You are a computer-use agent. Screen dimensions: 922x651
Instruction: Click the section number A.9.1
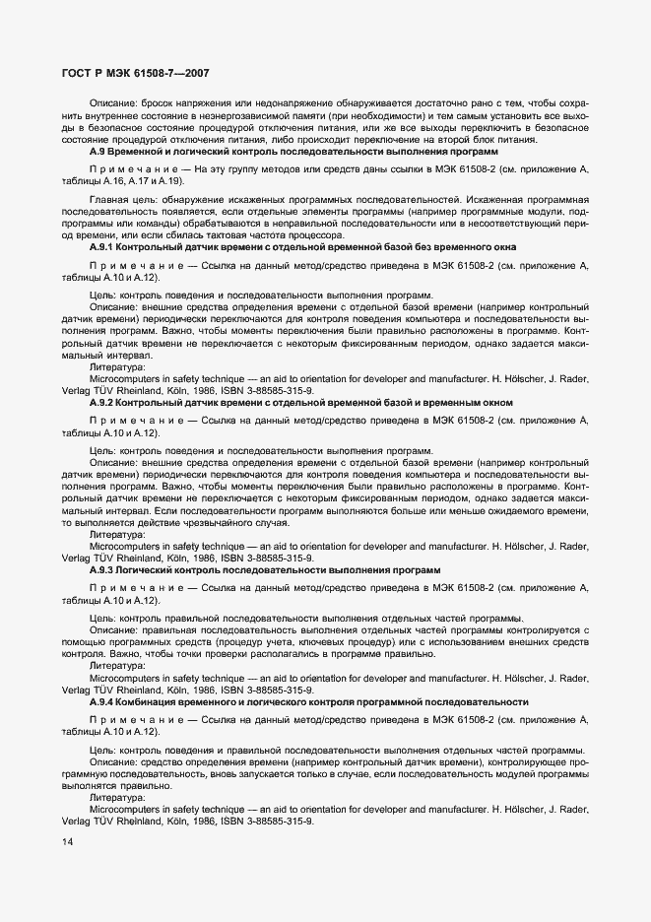pos(103,247)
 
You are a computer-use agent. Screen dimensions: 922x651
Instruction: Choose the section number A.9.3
pos(103,570)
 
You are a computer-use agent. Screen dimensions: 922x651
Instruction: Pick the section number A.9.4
pos(103,701)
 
